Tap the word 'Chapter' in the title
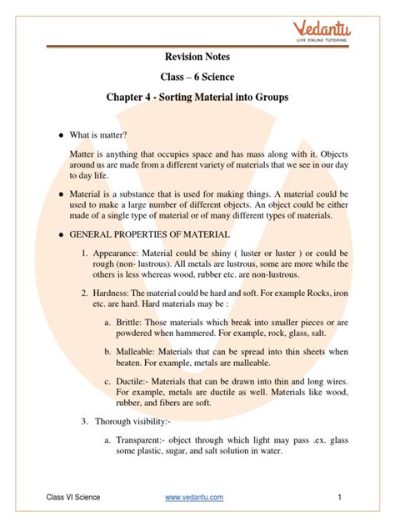[129, 97]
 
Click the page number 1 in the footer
[340, 498]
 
